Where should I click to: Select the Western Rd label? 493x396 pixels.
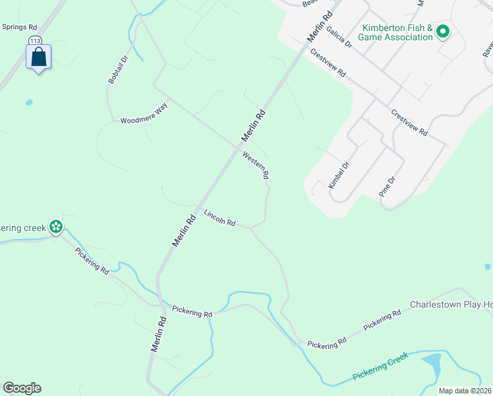(x=256, y=166)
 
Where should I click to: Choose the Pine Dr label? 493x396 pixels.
(x=387, y=187)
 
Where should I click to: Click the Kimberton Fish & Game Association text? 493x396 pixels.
(x=395, y=32)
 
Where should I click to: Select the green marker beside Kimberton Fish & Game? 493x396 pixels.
(x=443, y=30)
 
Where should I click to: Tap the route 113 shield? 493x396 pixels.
(x=35, y=41)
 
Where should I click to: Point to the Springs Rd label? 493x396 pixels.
(x=19, y=28)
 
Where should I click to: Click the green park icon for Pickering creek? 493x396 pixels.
(x=56, y=228)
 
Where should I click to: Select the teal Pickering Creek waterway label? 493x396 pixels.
(x=380, y=366)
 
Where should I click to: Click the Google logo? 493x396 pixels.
(x=22, y=388)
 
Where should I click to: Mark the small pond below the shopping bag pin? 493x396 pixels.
(x=29, y=102)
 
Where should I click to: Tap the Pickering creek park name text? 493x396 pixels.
(x=22, y=228)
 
